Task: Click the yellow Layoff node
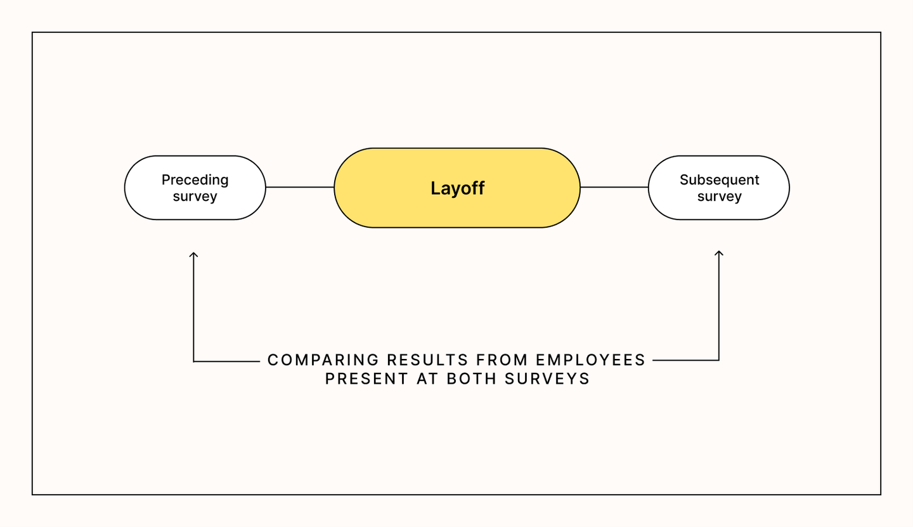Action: tap(457, 188)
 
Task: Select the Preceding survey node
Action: tap(195, 188)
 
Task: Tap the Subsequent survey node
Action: tap(719, 188)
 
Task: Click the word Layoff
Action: tap(457, 188)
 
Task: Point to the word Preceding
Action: tap(195, 179)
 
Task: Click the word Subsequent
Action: tap(720, 179)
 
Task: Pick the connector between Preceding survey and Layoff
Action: tap(300, 188)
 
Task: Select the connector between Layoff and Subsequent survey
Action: tap(614, 188)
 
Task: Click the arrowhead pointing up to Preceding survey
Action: tap(193, 255)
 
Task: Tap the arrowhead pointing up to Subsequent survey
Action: tap(719, 254)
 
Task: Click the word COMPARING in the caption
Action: tap(323, 360)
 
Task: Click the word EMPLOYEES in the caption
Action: tap(591, 360)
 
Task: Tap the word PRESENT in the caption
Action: tap(366, 379)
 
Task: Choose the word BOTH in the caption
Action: tap(472, 379)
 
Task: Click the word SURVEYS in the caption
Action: tap(547, 379)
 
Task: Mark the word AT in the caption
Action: tap(427, 379)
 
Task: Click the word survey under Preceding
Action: tap(195, 197)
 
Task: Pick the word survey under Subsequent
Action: tap(720, 197)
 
